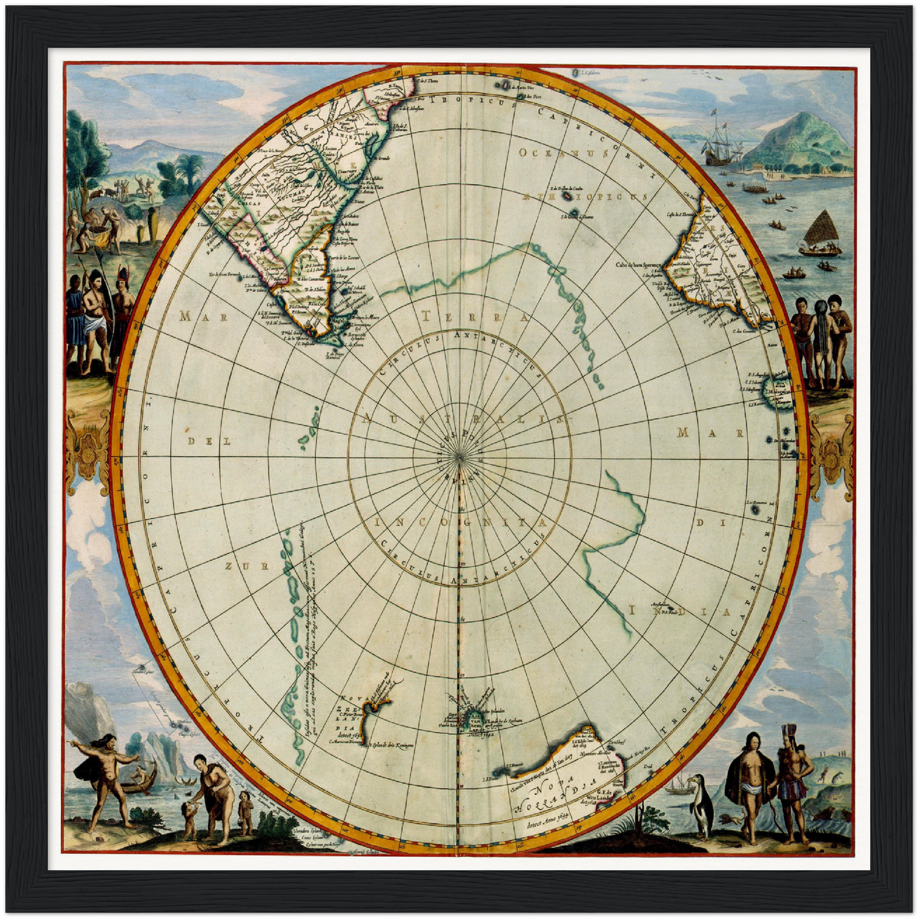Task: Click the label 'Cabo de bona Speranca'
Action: coord(639,264)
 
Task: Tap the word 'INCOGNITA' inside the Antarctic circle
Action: coord(460,523)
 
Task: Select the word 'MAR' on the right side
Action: coord(710,434)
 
